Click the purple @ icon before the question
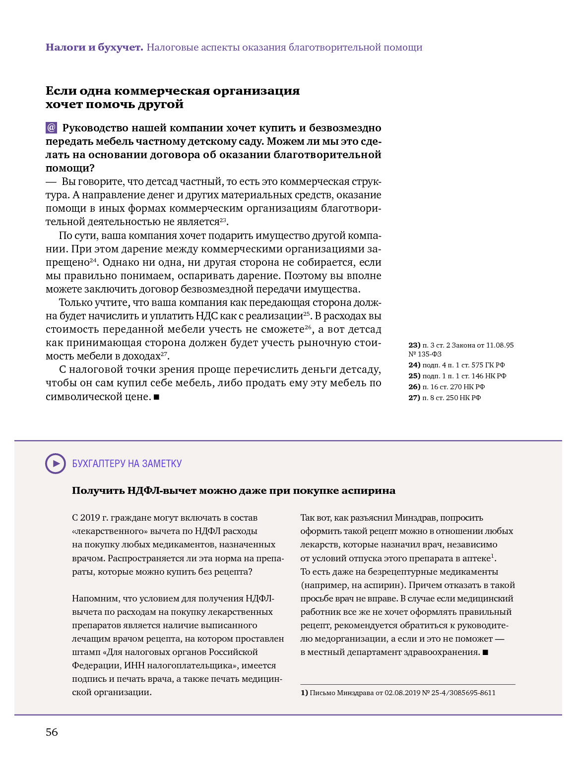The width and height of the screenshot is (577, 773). pos(51,128)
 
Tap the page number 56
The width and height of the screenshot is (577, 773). pos(52,732)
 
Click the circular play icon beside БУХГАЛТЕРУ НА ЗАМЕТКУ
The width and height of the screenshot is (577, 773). pos(56,464)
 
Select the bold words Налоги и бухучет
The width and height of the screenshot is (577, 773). pos(94,48)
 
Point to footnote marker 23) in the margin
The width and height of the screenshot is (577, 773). pos(414,345)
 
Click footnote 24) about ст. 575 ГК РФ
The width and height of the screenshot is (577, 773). pos(456,365)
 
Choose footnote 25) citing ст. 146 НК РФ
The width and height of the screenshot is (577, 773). pos(457,376)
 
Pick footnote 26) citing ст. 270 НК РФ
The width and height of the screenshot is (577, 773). pos(447,387)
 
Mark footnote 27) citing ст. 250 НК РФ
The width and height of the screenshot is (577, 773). pos(445,398)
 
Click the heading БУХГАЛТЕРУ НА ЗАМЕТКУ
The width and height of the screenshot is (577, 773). pos(127,464)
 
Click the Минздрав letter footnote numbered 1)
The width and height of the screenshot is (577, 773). pos(398,693)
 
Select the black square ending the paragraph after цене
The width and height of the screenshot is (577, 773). pos(157,397)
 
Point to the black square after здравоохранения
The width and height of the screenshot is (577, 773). pos(486,653)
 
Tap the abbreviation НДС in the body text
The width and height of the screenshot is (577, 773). pos(206,316)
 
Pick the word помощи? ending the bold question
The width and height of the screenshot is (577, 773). pos(70,169)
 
